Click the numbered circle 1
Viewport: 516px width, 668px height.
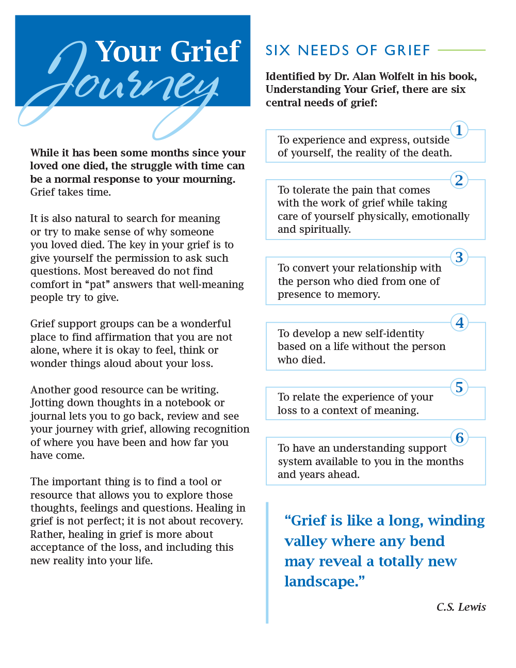tap(459, 130)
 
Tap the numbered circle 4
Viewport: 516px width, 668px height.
tap(459, 323)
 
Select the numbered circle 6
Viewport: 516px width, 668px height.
tap(459, 438)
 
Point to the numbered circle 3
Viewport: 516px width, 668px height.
tap(459, 257)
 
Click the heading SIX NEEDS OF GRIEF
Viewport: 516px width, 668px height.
tap(348, 51)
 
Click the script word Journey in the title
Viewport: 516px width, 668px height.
tap(124, 88)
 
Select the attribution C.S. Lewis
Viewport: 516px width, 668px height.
tap(461, 607)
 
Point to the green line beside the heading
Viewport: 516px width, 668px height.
tap(461, 50)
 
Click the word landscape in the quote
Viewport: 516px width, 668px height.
tap(320, 582)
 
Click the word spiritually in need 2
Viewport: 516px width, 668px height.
tap(314, 229)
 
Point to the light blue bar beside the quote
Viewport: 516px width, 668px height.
tap(267, 562)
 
